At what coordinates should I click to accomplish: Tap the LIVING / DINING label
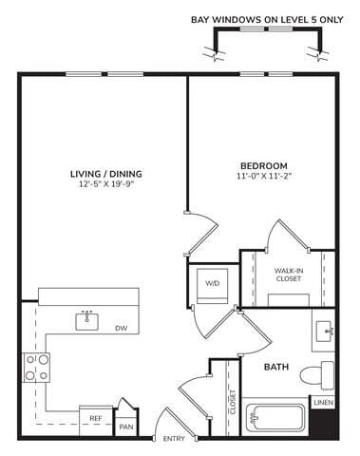tap(106, 174)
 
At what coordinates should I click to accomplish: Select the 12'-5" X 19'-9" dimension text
tap(106, 185)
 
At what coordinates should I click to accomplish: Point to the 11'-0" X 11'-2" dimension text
tap(263, 177)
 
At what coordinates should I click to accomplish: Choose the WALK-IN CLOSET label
tap(288, 275)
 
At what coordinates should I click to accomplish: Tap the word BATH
tap(275, 366)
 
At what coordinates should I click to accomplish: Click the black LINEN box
tap(323, 404)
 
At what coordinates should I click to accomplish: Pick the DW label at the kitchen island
tap(121, 329)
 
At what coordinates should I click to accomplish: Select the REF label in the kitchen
tap(96, 418)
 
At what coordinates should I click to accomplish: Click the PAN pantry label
tap(125, 427)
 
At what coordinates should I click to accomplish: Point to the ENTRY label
tap(174, 439)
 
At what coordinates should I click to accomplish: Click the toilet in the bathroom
tap(320, 372)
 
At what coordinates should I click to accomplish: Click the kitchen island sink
tap(87, 320)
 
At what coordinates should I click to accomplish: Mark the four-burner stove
tap(36, 367)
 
